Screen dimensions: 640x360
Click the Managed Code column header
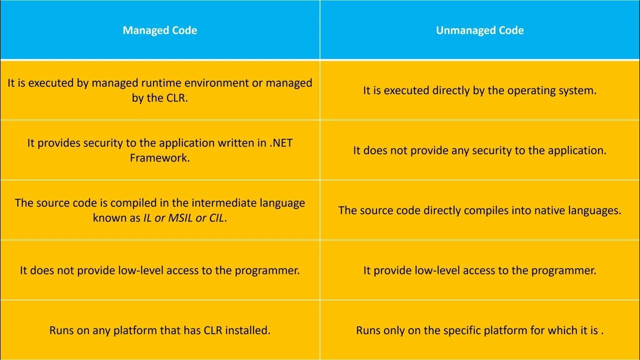160,30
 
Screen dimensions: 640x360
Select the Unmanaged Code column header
480,30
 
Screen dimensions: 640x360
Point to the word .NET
281,143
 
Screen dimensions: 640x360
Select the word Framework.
160,158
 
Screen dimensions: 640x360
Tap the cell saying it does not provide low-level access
160,270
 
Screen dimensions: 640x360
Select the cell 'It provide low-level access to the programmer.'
480,270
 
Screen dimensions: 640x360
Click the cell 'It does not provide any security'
480,150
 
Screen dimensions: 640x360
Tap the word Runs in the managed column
62,330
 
